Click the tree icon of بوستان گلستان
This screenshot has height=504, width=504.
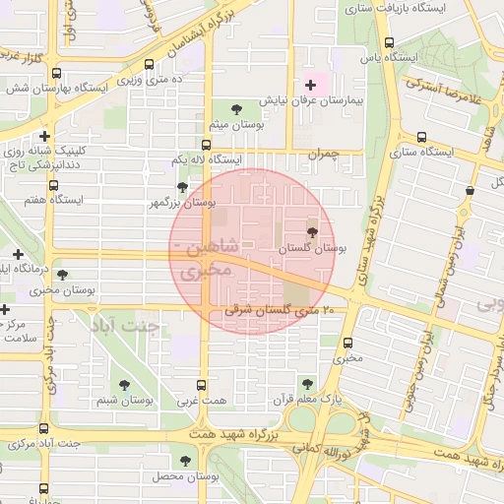tap(312, 232)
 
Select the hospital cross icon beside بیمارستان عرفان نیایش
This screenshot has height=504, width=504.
tap(312, 85)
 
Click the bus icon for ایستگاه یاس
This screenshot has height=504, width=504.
tap(390, 42)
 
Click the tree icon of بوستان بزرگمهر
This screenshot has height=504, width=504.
tap(181, 186)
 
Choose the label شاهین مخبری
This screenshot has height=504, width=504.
tap(208, 255)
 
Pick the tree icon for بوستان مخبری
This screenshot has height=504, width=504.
tap(64, 275)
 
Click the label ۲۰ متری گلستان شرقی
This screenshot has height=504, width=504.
tap(276, 311)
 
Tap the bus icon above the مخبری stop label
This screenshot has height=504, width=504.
tap(347, 343)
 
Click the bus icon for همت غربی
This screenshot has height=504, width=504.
tap(203, 385)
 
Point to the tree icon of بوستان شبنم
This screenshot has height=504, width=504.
tap(124, 385)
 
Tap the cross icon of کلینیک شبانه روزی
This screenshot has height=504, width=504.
tap(44, 136)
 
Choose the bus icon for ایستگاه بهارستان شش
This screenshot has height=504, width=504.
tap(55, 73)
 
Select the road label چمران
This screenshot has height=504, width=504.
tap(320, 155)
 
